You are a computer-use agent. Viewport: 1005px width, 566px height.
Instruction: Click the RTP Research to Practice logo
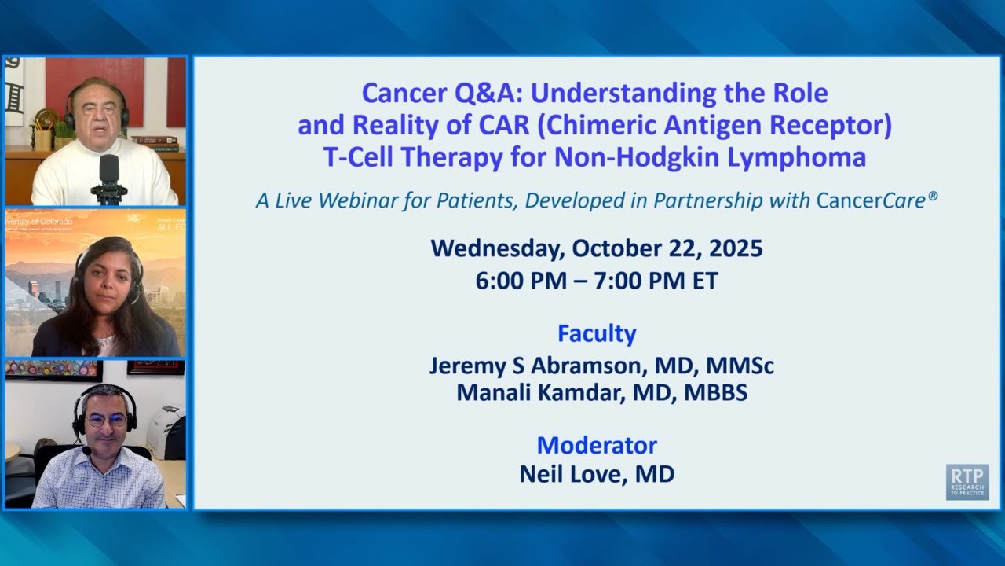(967, 482)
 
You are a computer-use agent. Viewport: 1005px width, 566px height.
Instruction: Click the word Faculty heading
(597, 333)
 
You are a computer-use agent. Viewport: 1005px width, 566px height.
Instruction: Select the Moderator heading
(597, 445)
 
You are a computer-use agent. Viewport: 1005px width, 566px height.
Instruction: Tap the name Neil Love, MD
(597, 474)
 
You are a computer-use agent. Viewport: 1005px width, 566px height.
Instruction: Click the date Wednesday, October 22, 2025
(597, 248)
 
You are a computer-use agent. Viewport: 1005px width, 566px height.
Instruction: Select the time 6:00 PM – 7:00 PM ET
(597, 281)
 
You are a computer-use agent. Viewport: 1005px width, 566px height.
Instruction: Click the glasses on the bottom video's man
(107, 421)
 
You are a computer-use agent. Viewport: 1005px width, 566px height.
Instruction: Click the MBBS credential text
(715, 392)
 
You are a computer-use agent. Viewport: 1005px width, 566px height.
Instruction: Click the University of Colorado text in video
(39, 222)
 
